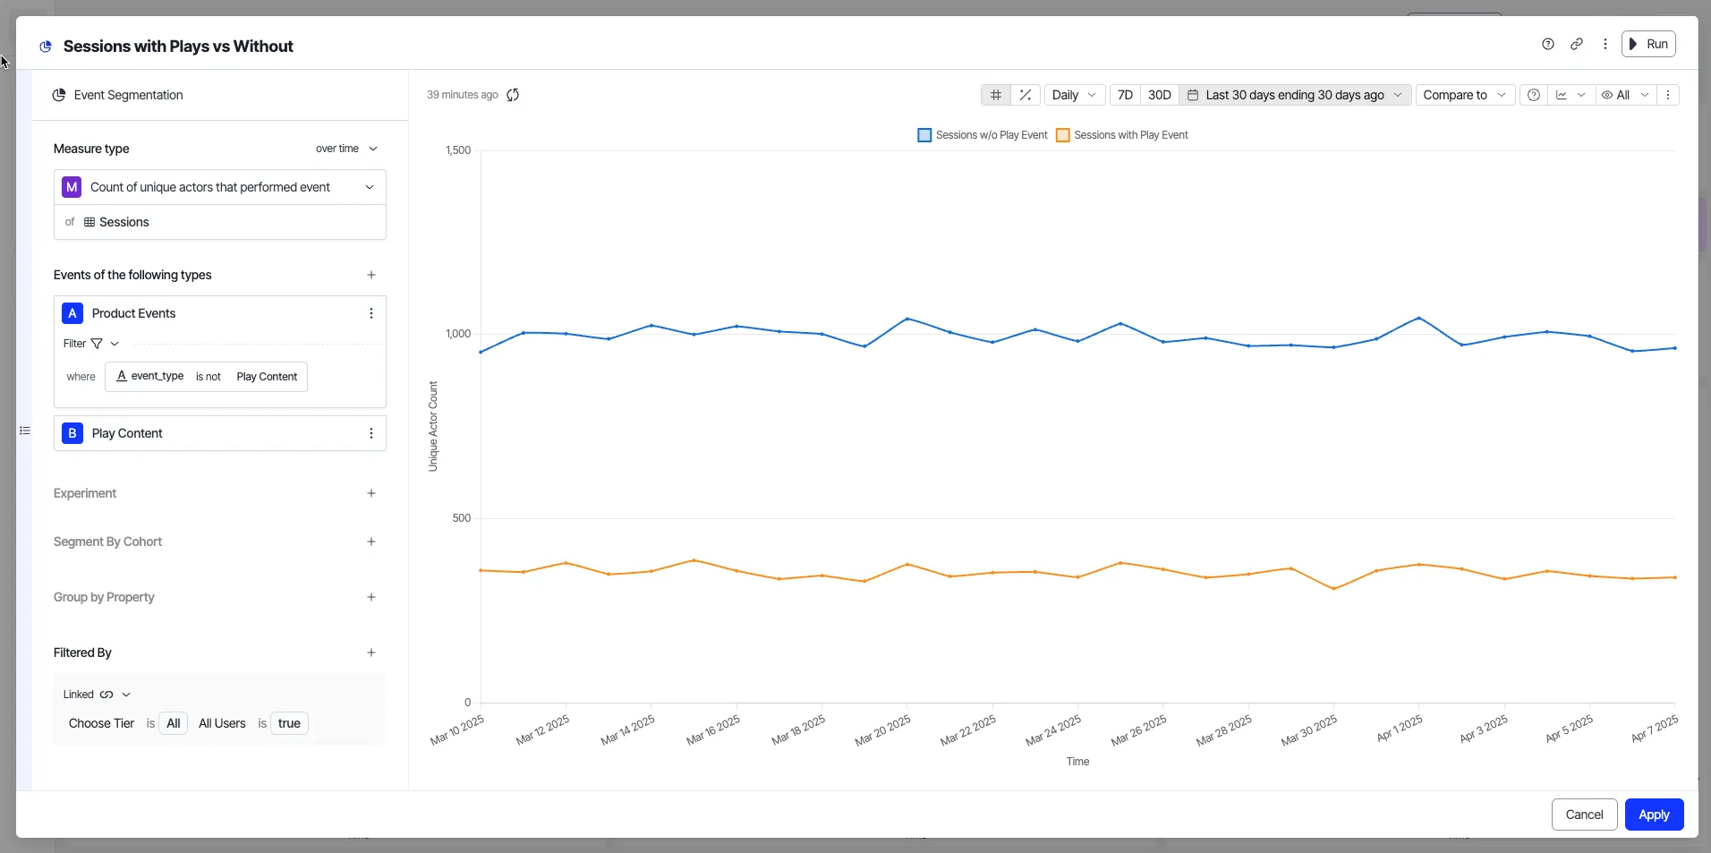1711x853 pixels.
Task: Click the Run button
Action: tap(1648, 44)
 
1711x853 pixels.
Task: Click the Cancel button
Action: tap(1584, 815)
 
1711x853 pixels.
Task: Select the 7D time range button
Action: tap(1125, 95)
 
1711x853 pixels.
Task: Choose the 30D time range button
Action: tap(1159, 95)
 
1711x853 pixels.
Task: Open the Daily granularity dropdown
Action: tap(1074, 95)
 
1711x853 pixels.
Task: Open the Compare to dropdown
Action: tap(1465, 95)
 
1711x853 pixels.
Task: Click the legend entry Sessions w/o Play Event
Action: tap(983, 135)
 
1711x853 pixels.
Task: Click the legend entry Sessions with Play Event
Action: tap(1122, 135)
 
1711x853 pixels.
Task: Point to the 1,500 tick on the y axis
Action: tap(458, 150)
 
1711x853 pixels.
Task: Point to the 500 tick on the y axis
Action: tap(462, 518)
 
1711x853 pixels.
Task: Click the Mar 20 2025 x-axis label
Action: tap(882, 730)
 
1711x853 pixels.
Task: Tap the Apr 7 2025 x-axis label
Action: tap(1655, 729)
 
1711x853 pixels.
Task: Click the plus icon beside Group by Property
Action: tap(371, 597)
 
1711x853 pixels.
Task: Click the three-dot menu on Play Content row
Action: tap(371, 433)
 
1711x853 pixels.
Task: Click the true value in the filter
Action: tap(289, 723)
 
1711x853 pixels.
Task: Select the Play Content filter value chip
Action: tap(267, 377)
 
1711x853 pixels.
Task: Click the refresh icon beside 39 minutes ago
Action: tap(513, 95)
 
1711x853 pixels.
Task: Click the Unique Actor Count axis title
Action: tap(433, 426)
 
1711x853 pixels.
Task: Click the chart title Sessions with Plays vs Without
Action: tap(178, 47)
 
